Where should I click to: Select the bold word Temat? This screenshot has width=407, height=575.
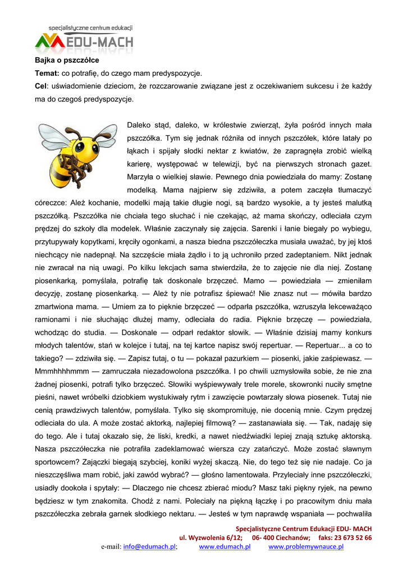47,73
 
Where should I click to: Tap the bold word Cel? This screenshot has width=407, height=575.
41,86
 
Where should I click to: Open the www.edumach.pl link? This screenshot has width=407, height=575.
225,547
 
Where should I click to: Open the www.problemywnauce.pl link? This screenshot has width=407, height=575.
306,547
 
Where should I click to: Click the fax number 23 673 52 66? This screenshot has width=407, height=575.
353,537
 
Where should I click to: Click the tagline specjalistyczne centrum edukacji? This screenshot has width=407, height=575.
90,28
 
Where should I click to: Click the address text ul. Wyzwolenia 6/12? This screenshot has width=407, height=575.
211,537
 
